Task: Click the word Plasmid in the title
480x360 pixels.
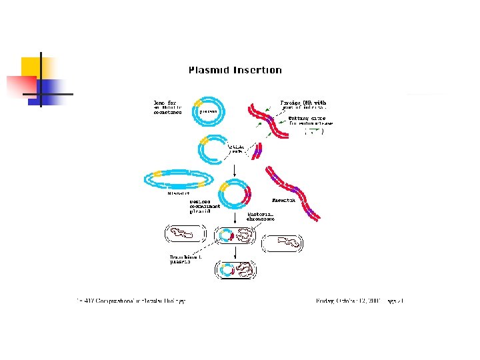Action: point(210,70)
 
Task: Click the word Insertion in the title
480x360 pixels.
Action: point(258,70)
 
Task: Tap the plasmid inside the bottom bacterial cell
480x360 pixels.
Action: point(227,270)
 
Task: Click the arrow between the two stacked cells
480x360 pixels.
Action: point(235,251)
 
